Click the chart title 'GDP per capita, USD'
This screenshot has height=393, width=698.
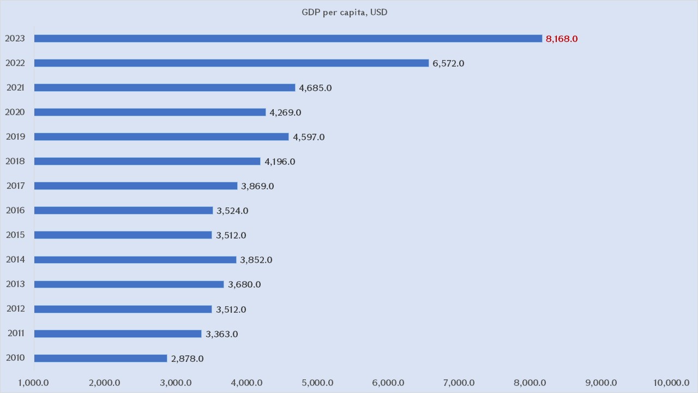coord(345,12)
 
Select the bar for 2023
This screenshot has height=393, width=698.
coord(288,39)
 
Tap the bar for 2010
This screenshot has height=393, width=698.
coord(100,359)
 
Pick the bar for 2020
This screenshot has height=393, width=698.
coord(150,112)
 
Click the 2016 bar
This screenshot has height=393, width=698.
coord(123,211)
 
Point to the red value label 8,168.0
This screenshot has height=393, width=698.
coord(562,39)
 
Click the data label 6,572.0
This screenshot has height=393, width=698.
coord(448,63)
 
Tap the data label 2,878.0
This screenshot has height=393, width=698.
coord(187,359)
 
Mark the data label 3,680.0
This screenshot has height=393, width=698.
coord(244,284)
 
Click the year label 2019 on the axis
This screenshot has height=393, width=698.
coord(15,136)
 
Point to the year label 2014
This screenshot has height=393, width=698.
coord(15,259)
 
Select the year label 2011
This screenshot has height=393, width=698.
coord(16,333)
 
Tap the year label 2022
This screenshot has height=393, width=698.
coord(15,63)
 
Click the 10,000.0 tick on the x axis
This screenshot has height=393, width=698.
coord(671,383)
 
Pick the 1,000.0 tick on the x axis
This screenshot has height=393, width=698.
coord(34,383)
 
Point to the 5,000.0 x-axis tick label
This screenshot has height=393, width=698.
coord(317,383)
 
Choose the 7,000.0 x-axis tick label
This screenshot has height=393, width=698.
coord(459,383)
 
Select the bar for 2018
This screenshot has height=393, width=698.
coord(147,162)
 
